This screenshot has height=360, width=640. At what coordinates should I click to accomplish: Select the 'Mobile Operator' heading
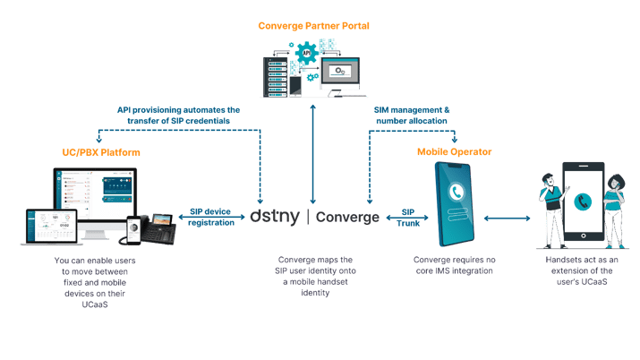[x=455, y=151]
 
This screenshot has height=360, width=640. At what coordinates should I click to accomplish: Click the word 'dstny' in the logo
[x=276, y=217]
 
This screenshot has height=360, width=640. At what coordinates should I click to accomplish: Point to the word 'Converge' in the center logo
[x=347, y=217]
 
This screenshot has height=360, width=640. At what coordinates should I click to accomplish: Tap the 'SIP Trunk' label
[x=407, y=218]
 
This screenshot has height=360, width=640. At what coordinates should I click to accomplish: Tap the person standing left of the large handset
[x=548, y=210]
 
